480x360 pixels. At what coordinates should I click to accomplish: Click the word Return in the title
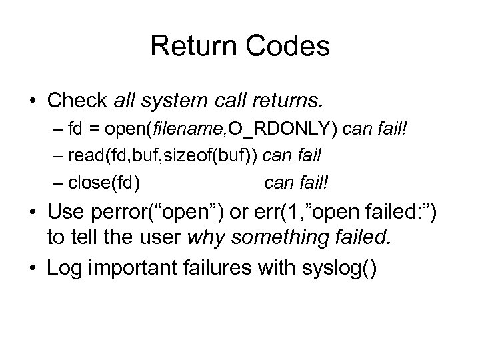pos(191,46)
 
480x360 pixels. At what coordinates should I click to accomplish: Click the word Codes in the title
pos(291,46)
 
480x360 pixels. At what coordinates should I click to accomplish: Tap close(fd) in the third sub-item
pos(109,182)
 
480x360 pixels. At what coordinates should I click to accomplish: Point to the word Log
pos(64,268)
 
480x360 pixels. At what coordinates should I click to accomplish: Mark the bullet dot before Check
pos(32,101)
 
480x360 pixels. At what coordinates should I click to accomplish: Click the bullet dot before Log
pos(32,269)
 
